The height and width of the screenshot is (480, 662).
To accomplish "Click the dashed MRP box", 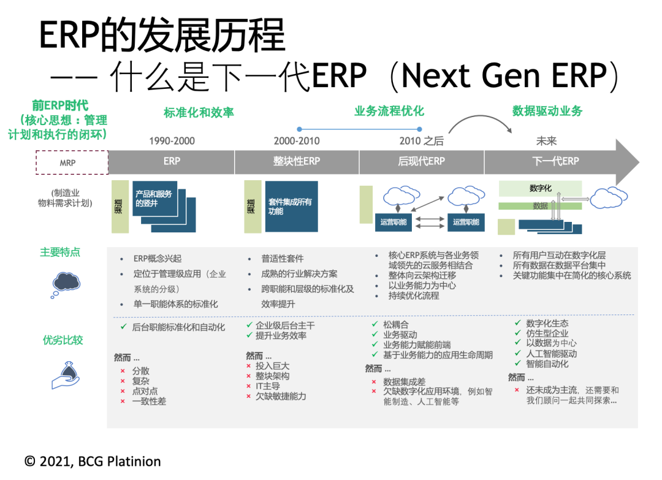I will coord(71,163).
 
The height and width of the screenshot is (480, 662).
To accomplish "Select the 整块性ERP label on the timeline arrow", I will coord(296,162).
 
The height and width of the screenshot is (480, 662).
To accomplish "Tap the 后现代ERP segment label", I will coord(421,162).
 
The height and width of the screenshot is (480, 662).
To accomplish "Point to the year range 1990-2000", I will coord(172,141).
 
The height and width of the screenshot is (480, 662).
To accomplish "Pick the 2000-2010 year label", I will coord(296,141).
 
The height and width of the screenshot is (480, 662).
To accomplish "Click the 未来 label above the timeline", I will coord(546,141).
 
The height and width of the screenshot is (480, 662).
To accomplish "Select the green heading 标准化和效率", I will coord(199,113).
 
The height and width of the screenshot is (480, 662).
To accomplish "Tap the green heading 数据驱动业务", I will coord(547,111).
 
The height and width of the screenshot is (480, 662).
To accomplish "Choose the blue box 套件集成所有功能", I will coord(291,206).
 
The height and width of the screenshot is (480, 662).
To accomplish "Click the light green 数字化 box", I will coord(540,188).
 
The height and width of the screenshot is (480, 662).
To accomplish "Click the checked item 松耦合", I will coord(395,324).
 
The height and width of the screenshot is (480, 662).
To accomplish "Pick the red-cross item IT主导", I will coord(268,386).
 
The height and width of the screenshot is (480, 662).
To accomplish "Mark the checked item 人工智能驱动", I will coord(551,354).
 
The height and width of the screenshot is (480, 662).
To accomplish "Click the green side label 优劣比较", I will coord(63,340).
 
